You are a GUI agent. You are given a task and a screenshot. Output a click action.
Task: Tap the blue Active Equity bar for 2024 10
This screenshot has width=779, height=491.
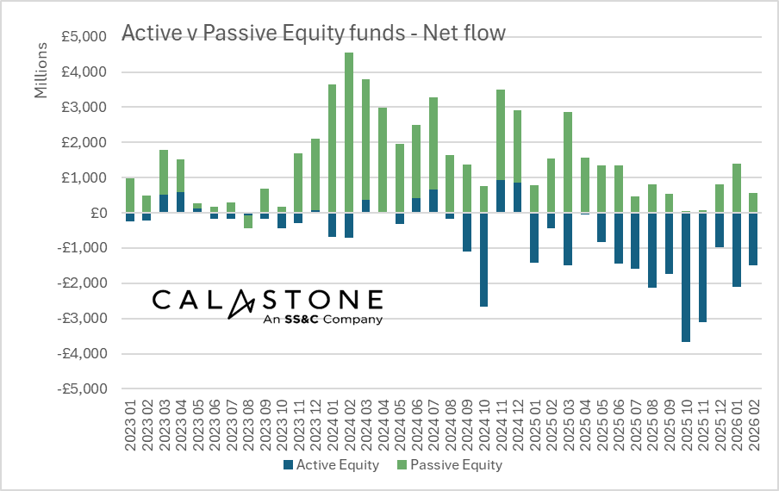click(x=484, y=259)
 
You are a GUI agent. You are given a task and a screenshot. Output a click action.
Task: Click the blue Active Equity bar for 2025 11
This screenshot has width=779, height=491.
click(x=702, y=267)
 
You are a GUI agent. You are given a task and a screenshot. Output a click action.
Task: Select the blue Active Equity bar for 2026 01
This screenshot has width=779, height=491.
click(x=736, y=250)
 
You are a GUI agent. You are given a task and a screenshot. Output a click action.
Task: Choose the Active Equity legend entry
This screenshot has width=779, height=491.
click(x=332, y=465)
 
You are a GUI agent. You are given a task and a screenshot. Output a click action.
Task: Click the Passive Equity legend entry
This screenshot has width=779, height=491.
click(x=452, y=465)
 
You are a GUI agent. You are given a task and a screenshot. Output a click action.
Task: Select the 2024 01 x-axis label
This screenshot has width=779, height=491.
click(x=333, y=422)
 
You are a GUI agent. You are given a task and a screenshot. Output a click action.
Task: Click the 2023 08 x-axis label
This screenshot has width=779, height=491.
click(x=248, y=422)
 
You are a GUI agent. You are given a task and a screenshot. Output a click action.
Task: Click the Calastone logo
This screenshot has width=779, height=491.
click(x=267, y=301)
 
